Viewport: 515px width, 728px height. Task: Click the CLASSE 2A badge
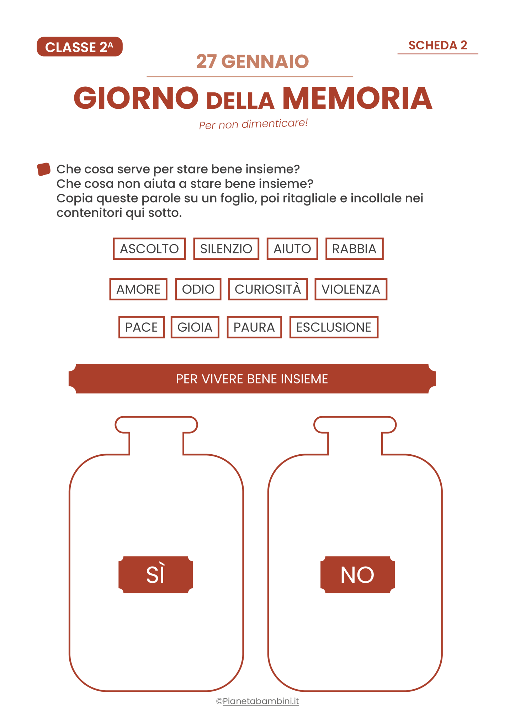tap(80, 47)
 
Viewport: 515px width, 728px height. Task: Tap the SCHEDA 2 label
tap(437, 45)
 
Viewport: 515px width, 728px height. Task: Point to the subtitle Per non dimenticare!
tap(253, 124)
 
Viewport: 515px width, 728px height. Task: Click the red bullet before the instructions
tap(44, 169)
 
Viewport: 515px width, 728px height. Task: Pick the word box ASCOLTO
tap(149, 249)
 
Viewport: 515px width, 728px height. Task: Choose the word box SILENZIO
tap(226, 249)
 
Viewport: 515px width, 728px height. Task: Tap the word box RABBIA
tap(354, 249)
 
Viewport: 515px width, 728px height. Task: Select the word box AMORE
tap(138, 289)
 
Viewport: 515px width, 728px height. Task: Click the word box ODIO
tap(198, 289)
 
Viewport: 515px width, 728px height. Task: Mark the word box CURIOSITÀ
tap(268, 289)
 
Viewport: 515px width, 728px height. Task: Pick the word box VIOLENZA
tap(351, 289)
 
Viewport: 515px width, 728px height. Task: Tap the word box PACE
tap(141, 327)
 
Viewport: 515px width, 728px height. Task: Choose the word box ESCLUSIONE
tap(334, 327)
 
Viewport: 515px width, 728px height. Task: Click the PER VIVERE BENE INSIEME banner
tap(252, 379)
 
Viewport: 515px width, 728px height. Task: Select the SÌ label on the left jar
tap(156, 575)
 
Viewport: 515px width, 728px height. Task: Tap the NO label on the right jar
tap(357, 575)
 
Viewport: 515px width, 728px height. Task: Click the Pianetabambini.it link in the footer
tap(261, 701)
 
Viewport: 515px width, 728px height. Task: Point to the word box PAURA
tap(254, 327)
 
